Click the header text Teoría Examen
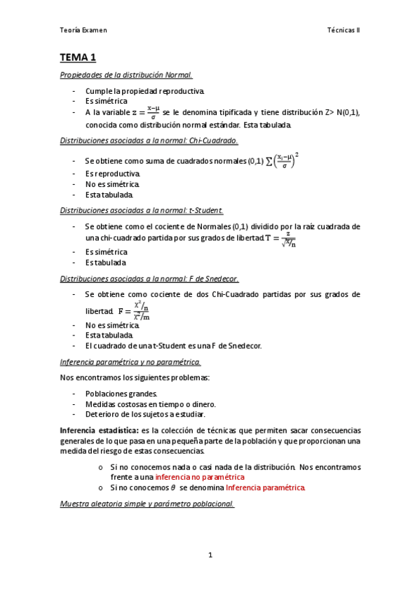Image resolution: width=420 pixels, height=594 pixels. click(83, 31)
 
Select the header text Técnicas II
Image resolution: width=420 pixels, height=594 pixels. click(343, 31)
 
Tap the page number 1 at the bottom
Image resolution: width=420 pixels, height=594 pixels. click(210, 555)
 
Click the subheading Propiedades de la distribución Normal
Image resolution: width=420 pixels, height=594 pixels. click(126, 75)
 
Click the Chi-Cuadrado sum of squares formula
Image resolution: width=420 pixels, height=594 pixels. click(287, 160)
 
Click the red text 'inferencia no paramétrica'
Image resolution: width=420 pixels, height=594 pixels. click(200, 476)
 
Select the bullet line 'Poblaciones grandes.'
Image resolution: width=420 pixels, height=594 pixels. click(121, 394)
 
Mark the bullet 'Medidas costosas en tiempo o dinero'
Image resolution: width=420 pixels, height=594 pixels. click(150, 404)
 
